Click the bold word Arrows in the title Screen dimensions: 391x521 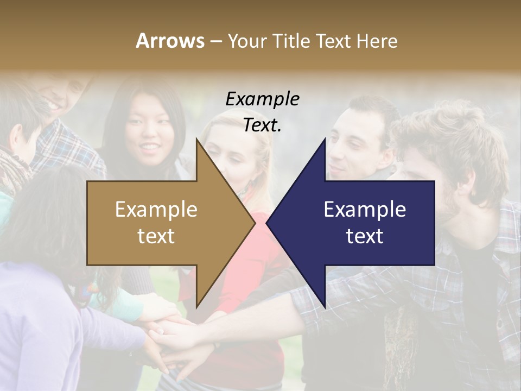(x=170, y=41)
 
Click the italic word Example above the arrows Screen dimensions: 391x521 (x=262, y=99)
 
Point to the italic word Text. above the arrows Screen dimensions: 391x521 (x=262, y=125)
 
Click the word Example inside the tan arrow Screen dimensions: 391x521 (x=156, y=209)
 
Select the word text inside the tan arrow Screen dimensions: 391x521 (x=156, y=236)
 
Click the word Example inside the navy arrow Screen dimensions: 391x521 (x=365, y=209)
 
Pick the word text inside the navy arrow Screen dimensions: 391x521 (x=365, y=236)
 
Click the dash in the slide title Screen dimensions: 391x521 (x=215, y=41)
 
